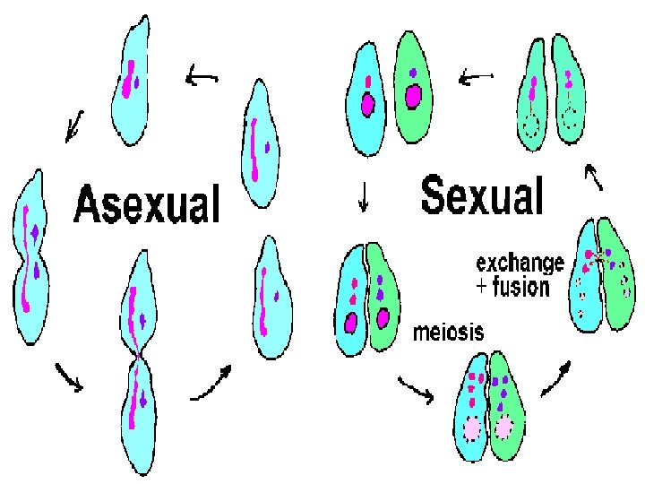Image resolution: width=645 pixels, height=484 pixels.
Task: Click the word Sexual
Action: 482,195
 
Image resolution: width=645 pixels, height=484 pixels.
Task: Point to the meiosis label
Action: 448,333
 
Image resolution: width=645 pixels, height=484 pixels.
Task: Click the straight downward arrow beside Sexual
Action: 363,196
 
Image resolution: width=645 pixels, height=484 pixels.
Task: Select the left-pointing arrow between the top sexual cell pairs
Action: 477,79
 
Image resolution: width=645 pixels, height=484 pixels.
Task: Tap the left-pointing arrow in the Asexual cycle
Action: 202,78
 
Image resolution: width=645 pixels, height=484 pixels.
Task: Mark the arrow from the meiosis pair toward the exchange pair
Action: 556,376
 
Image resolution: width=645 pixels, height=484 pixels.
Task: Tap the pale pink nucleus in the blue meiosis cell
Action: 473,428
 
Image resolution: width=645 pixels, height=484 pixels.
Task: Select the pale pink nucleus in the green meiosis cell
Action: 504,428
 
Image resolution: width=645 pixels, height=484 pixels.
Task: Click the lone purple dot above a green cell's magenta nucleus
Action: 412,72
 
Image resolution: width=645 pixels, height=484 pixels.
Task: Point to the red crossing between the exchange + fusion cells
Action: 597,258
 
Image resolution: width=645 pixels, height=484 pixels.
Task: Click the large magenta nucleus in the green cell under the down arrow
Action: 383,318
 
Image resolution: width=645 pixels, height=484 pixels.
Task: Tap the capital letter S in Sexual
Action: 436,195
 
